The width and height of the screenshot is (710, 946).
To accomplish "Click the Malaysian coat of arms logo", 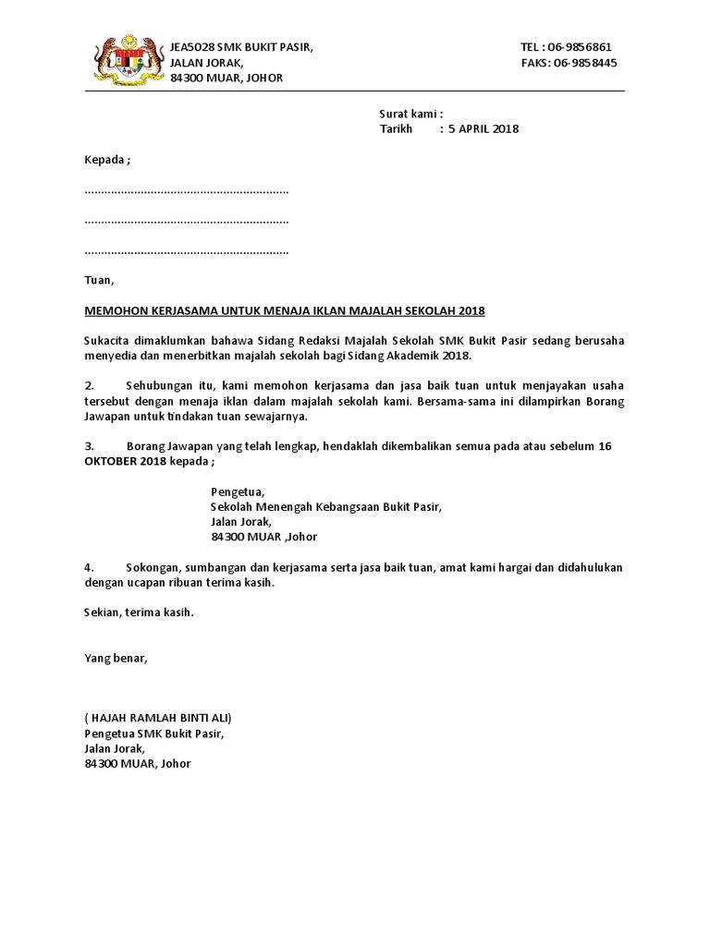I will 128,61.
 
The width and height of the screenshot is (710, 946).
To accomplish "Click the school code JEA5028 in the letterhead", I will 191,47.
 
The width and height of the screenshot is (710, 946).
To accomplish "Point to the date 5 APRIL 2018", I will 484,129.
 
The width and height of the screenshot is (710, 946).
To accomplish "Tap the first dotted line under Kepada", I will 187,190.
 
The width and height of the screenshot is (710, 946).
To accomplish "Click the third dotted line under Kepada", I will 187,251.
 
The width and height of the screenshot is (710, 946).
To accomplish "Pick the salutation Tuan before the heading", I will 98,280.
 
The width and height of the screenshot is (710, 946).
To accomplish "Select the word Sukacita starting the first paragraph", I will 107,341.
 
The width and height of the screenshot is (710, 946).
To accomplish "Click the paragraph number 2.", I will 89,385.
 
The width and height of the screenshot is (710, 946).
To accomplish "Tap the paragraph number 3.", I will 89,446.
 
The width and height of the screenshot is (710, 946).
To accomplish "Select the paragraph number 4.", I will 89,567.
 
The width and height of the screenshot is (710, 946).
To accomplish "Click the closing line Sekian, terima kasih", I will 140,612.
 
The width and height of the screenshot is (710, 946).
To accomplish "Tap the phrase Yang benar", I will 116,658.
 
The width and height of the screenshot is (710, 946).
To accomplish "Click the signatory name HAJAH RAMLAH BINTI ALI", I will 158,718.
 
